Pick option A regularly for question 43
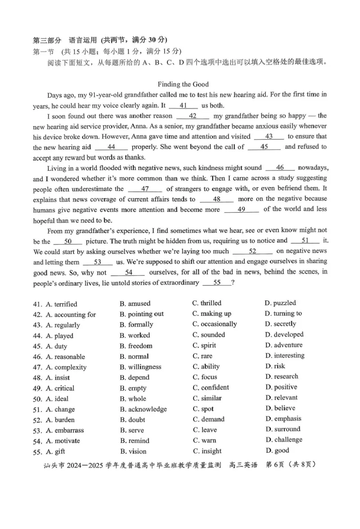point(63,325)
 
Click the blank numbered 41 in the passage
point(183,106)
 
